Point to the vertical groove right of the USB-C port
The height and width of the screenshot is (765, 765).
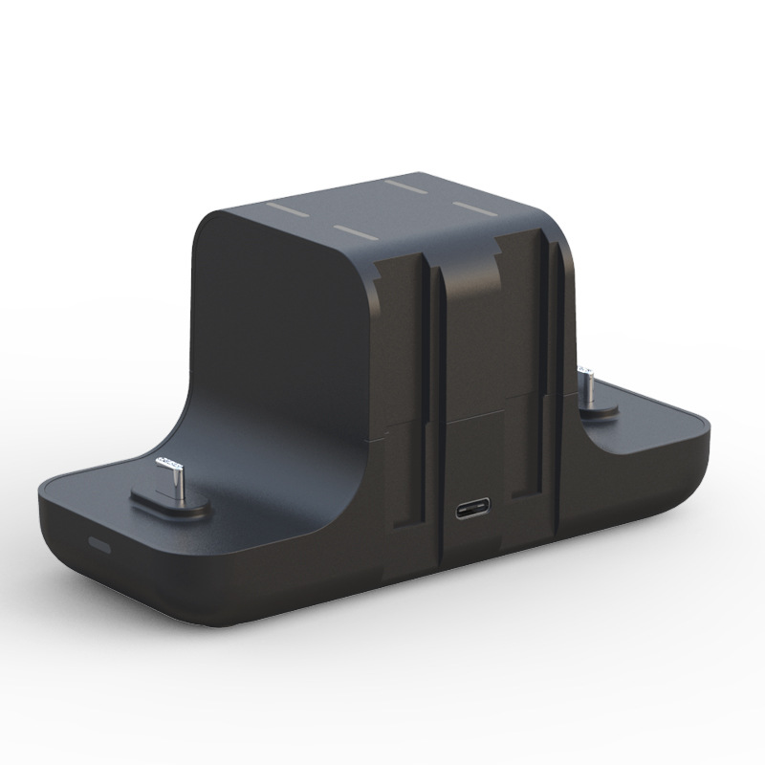point(553,382)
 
